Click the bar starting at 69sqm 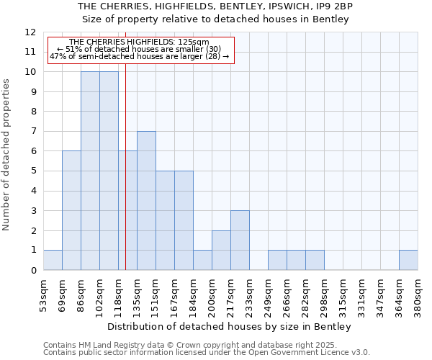71,211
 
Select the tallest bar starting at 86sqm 90,171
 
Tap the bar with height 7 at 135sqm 146,201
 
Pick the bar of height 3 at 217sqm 240,240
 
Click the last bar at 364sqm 408,260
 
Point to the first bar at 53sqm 53,260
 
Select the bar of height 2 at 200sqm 221,251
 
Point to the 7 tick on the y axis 33,132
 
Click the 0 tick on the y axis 33,271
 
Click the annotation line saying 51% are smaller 143,49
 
